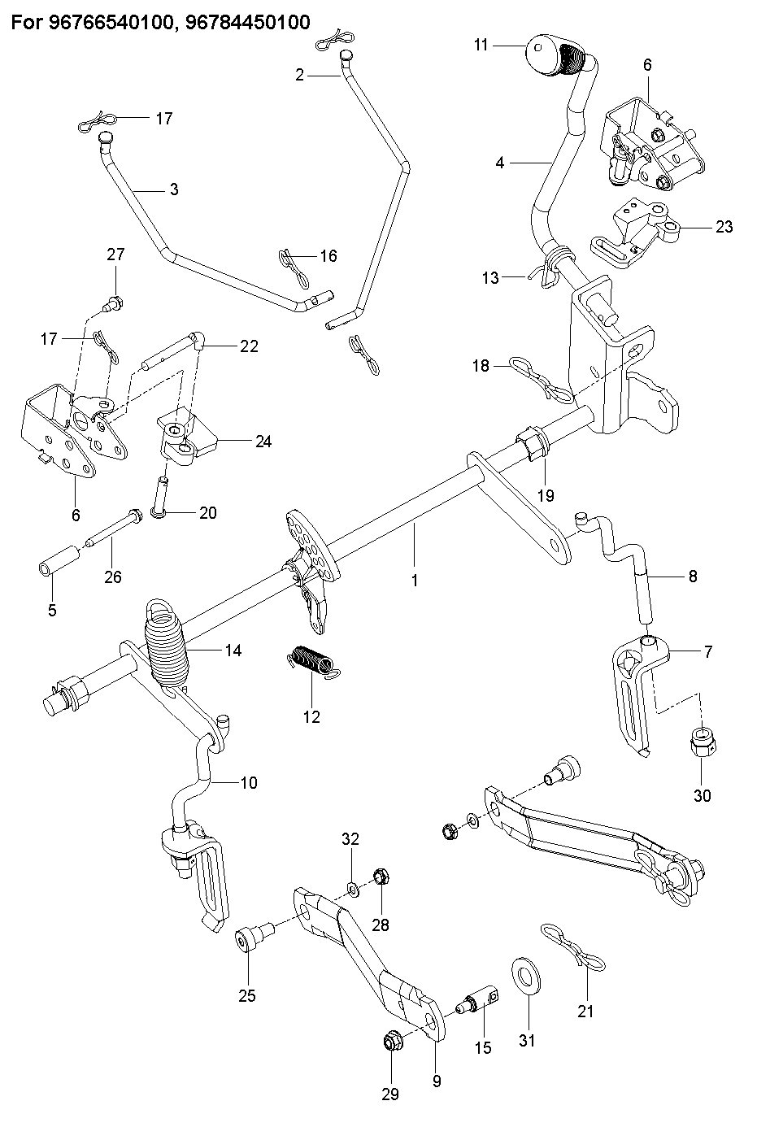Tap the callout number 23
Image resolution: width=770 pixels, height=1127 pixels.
(x=724, y=227)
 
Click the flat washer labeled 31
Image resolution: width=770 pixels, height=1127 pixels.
(x=525, y=977)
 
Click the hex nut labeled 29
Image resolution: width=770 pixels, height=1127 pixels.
(x=391, y=1041)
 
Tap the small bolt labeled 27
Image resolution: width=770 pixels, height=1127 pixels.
(x=113, y=304)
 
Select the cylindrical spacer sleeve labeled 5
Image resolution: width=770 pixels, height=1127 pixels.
(x=59, y=561)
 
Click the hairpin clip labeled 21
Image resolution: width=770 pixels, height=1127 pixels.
(x=573, y=946)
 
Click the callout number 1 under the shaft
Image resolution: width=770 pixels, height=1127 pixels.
(x=415, y=581)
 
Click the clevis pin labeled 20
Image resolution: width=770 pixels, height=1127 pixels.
(x=160, y=497)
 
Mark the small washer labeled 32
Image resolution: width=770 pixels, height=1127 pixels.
(x=354, y=890)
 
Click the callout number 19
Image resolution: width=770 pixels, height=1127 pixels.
(x=546, y=495)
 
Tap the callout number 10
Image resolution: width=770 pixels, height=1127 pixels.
(x=249, y=783)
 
